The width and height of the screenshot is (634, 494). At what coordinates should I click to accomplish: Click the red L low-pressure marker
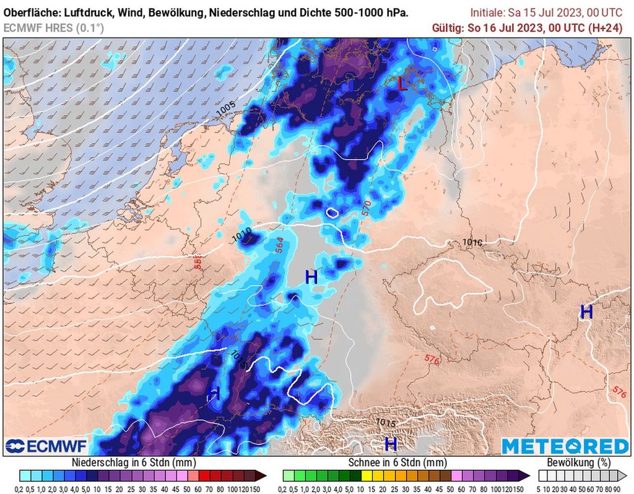coord(402,84)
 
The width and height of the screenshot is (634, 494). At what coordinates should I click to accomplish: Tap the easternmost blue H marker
coord(586,312)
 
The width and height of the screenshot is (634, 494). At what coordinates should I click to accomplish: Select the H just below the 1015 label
coord(391,443)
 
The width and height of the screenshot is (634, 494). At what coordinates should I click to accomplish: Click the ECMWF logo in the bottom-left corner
coord(46,446)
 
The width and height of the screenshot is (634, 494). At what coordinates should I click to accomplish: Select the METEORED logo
coord(565,446)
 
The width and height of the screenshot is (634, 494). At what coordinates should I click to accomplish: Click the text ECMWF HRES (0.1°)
coord(53,27)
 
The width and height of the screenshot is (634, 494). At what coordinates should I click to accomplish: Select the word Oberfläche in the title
coord(30,12)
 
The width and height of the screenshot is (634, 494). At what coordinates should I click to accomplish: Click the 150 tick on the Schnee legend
coord(523,487)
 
